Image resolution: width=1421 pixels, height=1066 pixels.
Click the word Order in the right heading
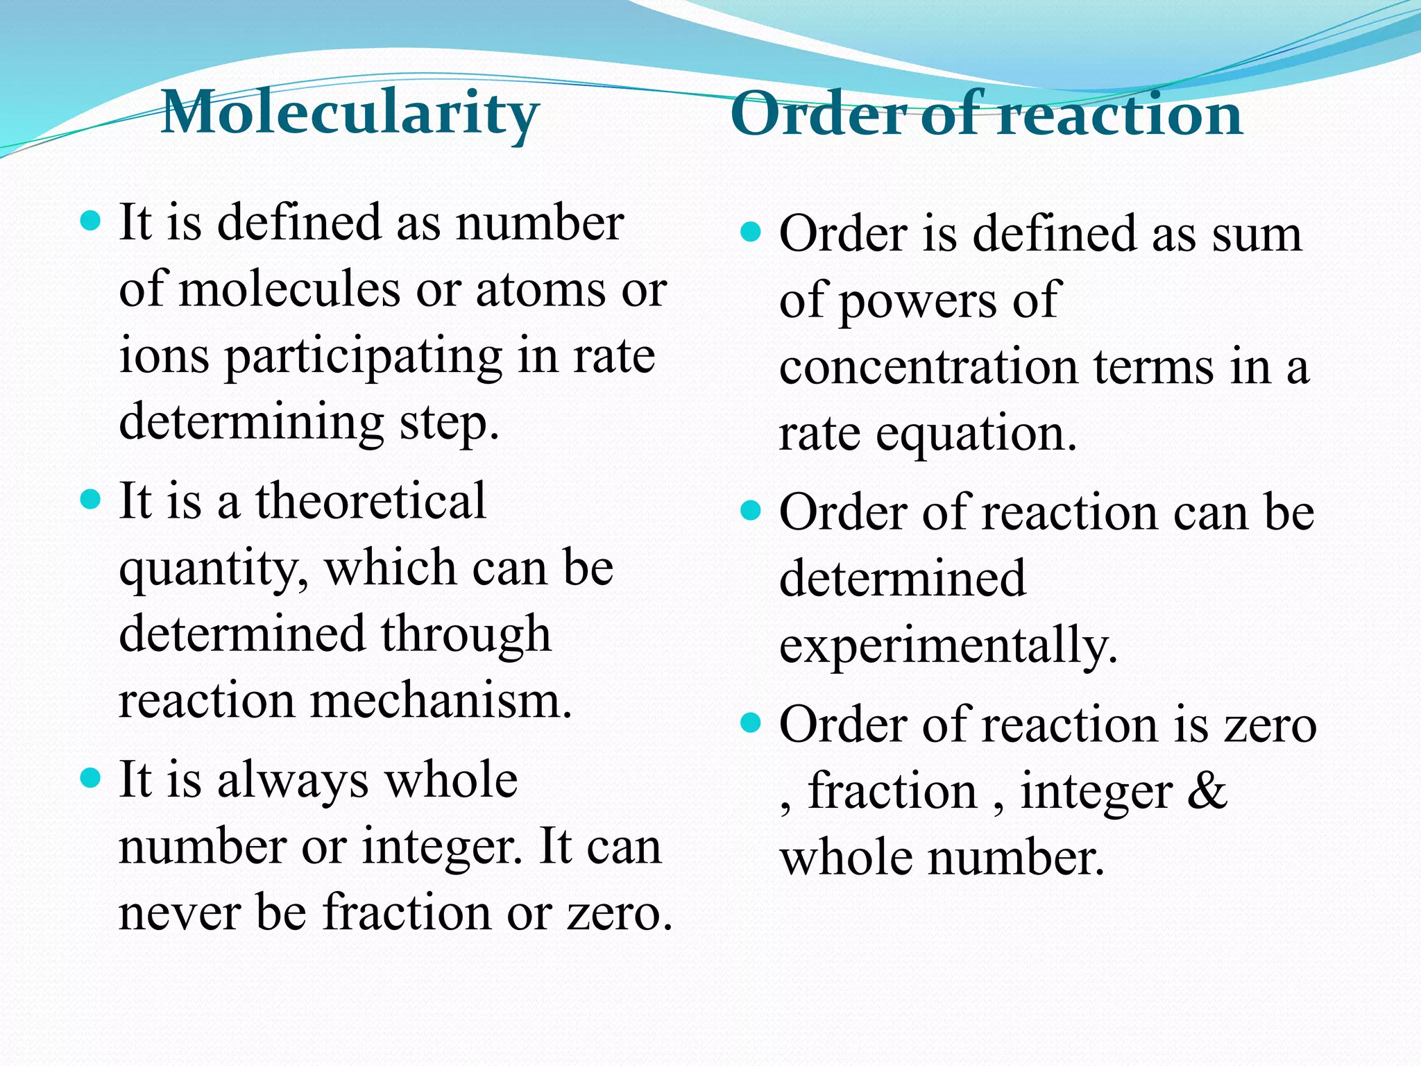point(819,115)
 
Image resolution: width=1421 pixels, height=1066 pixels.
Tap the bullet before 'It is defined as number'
point(91,221)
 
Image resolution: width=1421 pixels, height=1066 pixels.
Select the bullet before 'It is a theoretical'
point(91,499)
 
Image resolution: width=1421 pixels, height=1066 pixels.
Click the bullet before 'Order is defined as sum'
point(751,231)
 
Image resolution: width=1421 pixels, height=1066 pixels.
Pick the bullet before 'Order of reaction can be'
point(751,511)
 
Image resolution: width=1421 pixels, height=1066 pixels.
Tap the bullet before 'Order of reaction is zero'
point(751,724)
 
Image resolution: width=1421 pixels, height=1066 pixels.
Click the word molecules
point(290,289)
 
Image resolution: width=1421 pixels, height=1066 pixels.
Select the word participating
point(363,356)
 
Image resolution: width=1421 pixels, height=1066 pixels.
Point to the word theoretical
point(371,501)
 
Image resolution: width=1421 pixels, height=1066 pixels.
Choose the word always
point(293,781)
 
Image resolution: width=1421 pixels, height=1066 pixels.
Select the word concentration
point(928,367)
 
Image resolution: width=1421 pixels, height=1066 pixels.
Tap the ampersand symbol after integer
point(1207,791)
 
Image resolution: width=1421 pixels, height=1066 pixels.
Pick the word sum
point(1257,235)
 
